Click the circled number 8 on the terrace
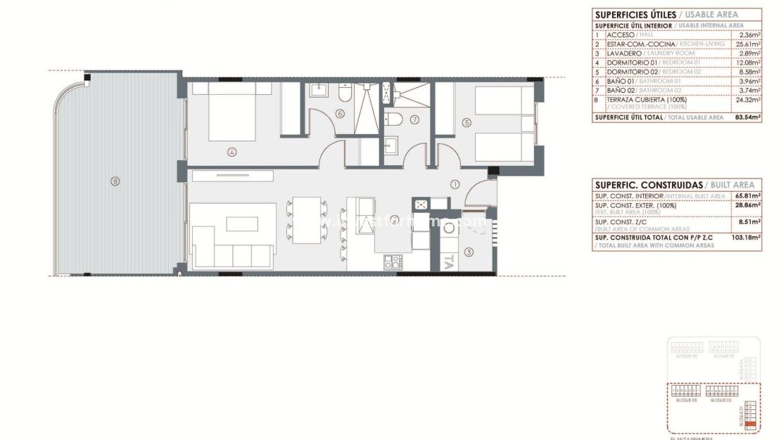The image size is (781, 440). coord(115,181)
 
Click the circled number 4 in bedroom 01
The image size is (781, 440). coord(231,151)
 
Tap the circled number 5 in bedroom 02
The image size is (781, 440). coord(466,122)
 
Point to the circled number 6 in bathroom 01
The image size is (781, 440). coord(341,113)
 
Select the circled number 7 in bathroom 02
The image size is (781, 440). coord(414,119)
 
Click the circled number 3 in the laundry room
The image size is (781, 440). coord(469,252)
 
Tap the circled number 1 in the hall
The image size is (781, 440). coord(455,185)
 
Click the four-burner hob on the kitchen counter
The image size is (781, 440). coord(393,262)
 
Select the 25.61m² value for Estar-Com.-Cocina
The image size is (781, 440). coord(749,44)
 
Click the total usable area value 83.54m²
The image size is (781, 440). coord(748,117)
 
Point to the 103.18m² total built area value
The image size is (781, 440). coord(748,238)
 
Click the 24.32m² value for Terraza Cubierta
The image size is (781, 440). coord(749,99)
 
